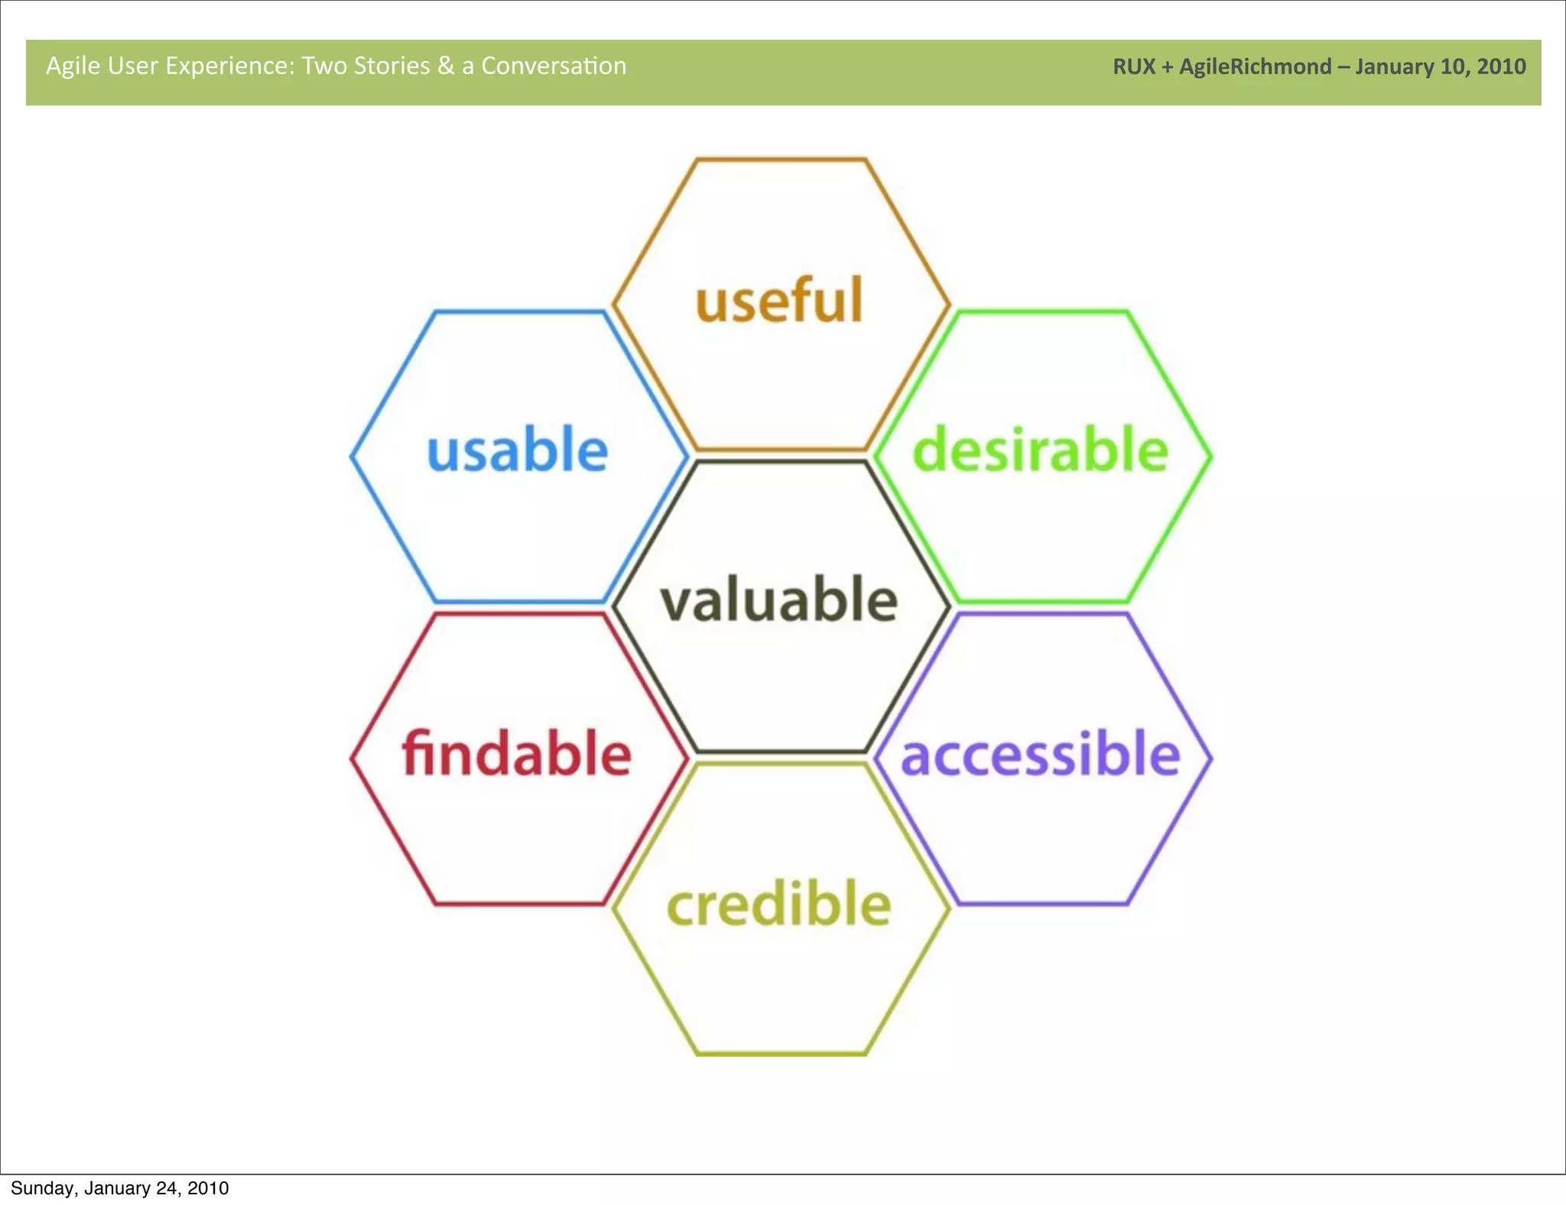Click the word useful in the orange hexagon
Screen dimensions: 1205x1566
pyautogui.click(x=779, y=300)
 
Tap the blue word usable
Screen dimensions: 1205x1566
pyautogui.click(x=518, y=450)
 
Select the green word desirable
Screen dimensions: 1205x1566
pyautogui.click(x=1041, y=450)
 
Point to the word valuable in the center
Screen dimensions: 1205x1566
pyautogui.click(x=779, y=600)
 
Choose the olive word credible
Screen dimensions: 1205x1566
pyautogui.click(x=779, y=904)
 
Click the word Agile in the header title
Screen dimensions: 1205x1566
pyautogui.click(x=73, y=67)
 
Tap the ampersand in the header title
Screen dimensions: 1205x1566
pyautogui.click(x=445, y=66)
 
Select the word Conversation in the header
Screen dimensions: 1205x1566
pyautogui.click(x=554, y=66)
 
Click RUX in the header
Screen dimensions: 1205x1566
pyautogui.click(x=1133, y=67)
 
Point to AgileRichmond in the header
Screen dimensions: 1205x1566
pyautogui.click(x=1255, y=67)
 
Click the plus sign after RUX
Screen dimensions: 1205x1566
pyautogui.click(x=1167, y=67)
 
